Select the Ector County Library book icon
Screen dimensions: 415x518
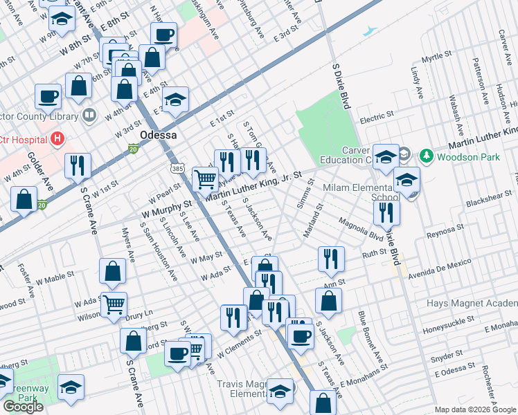click(x=89, y=114)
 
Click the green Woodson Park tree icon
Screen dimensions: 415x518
click(x=428, y=156)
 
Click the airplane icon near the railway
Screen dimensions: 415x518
click(x=371, y=31)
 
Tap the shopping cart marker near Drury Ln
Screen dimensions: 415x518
click(x=114, y=303)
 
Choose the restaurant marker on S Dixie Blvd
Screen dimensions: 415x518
click(x=386, y=212)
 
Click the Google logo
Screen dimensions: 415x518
click(x=23, y=407)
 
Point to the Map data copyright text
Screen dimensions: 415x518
click(x=475, y=409)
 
